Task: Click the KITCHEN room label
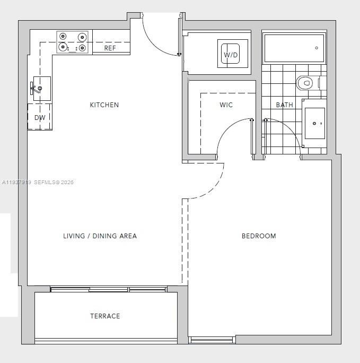coord(104,105)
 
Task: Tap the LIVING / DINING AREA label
coord(100,236)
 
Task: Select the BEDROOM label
coord(259,236)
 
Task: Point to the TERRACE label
coord(105,316)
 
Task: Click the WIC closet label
coord(226,105)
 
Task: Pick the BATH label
coord(284,105)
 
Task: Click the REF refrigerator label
coord(110,48)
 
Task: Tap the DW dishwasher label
coord(40,118)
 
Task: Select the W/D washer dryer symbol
coord(231,54)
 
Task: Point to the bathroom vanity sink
coord(314,123)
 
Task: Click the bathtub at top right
coord(294,48)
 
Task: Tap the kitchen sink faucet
coord(36,88)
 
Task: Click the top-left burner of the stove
coord(63,37)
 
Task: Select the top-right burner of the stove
coord(82,37)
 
